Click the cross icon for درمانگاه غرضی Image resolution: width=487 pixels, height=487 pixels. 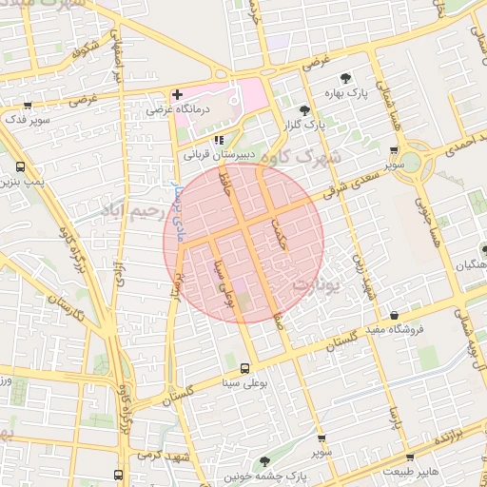tap(177, 95)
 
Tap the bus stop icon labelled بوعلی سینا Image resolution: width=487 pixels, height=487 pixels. tap(245, 368)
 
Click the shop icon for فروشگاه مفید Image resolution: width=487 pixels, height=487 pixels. tap(393, 315)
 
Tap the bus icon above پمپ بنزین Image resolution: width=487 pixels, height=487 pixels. tap(21, 166)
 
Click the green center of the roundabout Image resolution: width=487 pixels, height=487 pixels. tap(416, 160)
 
